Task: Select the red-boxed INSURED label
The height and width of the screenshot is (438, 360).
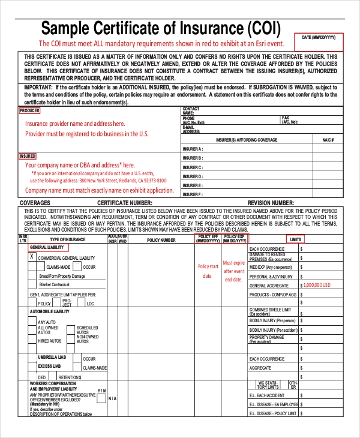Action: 28,156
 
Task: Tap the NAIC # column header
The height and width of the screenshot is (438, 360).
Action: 327,139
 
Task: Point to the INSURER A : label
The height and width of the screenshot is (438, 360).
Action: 193,148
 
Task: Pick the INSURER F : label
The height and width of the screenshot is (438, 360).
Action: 193,194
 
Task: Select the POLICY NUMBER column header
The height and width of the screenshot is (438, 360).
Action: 161,240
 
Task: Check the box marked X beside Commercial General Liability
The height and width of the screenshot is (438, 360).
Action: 31,257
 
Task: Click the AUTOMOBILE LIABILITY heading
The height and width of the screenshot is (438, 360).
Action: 50,311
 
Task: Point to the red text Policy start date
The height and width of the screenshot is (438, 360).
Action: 207,271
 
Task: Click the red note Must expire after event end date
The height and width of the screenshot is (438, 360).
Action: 234,271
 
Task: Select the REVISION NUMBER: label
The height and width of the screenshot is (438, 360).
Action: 271,203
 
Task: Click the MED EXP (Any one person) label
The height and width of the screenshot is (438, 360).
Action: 270,266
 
